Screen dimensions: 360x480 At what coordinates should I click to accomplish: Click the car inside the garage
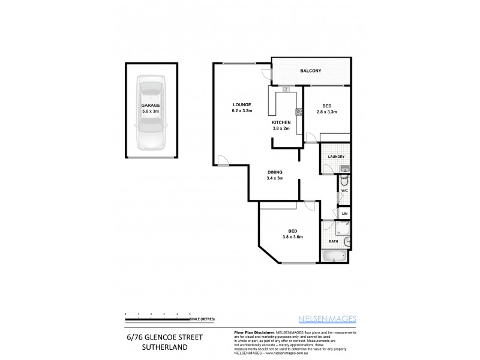point(151,114)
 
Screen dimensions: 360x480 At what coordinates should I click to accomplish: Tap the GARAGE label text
point(151,105)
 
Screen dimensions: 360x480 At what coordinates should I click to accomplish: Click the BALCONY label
point(311,71)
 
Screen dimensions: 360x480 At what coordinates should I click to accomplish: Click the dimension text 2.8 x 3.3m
point(327,112)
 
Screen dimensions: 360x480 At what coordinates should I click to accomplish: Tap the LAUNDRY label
point(335,157)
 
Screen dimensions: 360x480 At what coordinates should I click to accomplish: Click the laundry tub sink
point(346,169)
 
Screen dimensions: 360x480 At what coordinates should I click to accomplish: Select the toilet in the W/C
point(345,182)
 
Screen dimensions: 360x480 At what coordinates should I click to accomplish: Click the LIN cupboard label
point(344,213)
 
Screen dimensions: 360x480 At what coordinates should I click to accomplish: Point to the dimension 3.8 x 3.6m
point(293,237)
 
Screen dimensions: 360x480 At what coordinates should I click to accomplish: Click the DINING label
point(275,172)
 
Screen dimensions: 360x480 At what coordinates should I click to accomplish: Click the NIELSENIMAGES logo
point(326,319)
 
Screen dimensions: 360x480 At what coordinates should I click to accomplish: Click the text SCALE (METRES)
point(202,319)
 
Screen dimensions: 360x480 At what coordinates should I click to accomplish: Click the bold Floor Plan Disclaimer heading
point(253,331)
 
